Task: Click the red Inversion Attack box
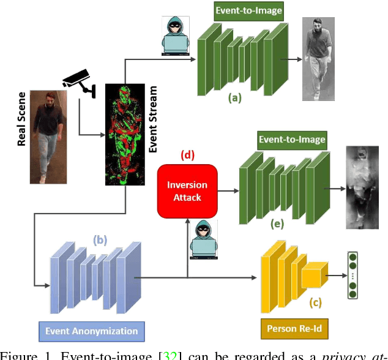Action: click(188, 190)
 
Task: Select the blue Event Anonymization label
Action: click(91, 331)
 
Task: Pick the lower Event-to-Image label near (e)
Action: click(291, 140)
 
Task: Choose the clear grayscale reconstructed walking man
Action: click(320, 59)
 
